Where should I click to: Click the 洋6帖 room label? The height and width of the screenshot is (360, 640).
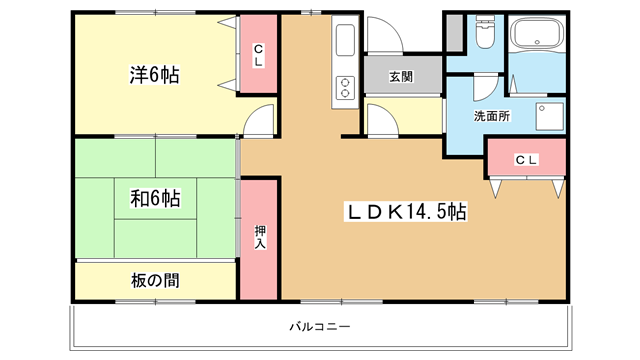[x=154, y=75]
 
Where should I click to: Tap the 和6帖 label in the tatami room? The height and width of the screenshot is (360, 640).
[x=155, y=198]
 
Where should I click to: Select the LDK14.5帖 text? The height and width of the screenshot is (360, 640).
[x=407, y=211]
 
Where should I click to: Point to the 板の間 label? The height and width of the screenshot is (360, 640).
[x=155, y=280]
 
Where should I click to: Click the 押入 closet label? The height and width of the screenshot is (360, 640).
[x=260, y=237]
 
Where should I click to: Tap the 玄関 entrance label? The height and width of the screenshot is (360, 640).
[x=401, y=76]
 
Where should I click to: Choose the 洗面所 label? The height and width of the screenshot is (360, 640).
[x=491, y=116]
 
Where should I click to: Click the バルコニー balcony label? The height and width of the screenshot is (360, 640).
[x=320, y=327]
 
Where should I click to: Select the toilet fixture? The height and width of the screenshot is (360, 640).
[x=485, y=32]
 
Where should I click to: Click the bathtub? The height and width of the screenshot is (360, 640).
[x=537, y=34]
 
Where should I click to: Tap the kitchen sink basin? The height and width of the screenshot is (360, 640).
[x=345, y=40]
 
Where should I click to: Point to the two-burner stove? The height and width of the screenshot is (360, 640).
[x=345, y=88]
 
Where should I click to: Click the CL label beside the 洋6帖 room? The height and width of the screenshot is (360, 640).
[x=258, y=56]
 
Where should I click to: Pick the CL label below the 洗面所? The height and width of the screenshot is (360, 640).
[x=526, y=160]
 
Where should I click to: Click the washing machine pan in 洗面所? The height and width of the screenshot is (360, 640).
[x=549, y=116]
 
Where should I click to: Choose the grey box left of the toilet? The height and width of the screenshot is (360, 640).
[x=454, y=33]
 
